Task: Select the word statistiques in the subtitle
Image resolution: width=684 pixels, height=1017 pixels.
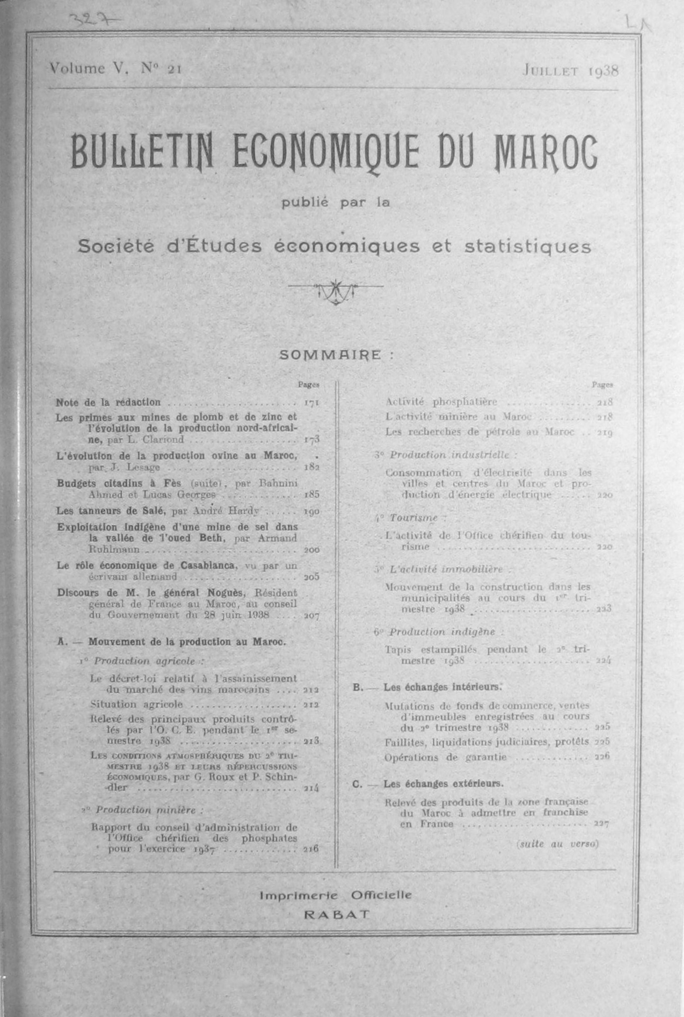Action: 527,247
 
